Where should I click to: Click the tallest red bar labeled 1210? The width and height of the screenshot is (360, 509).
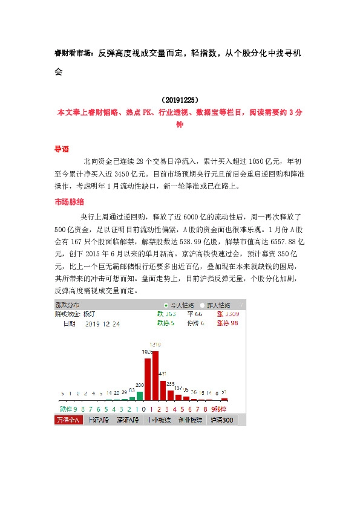point(155,375)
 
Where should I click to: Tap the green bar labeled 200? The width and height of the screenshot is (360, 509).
point(140,396)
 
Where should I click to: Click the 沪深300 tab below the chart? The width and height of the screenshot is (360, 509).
point(220,420)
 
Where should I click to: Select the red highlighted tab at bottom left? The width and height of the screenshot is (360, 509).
point(68,420)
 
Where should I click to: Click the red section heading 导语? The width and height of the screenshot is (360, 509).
point(62,149)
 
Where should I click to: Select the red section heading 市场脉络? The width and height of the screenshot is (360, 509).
point(69,202)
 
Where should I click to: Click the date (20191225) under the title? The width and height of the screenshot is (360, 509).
point(180,99)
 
